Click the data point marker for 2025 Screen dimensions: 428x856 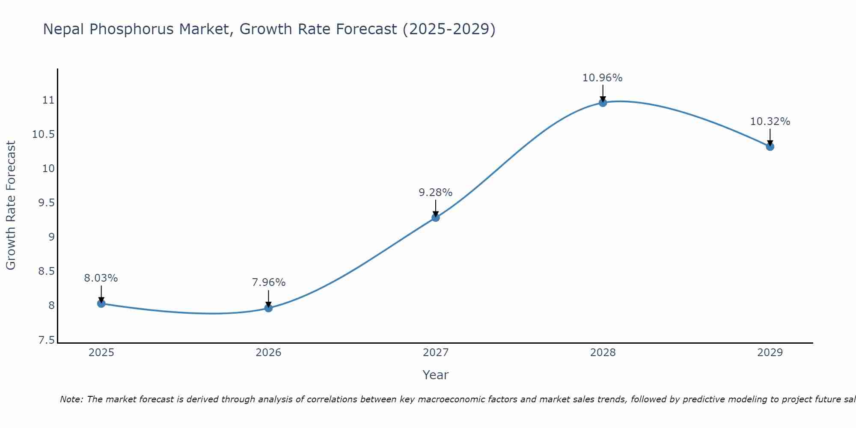(x=101, y=303)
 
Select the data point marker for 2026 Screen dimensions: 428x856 (x=268, y=308)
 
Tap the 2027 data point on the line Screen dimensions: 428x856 (x=436, y=217)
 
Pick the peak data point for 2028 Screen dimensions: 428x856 (x=603, y=102)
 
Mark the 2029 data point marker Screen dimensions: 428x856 (x=770, y=146)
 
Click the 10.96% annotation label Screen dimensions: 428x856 (x=602, y=78)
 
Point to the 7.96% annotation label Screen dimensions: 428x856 (x=268, y=282)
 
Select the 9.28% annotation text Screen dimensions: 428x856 (x=435, y=193)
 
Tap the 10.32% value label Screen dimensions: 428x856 (x=770, y=122)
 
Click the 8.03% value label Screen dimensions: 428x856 (x=101, y=278)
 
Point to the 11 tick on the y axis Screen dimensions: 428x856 (x=48, y=100)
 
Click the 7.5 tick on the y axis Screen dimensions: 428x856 (x=47, y=340)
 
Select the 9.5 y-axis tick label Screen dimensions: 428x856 (x=47, y=203)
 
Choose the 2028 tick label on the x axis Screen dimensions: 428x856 (x=603, y=353)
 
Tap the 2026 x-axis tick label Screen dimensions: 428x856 (x=268, y=353)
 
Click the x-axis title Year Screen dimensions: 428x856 (x=435, y=375)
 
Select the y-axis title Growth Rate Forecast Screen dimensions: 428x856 (x=11, y=205)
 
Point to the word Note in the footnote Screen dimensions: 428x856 (x=71, y=399)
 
